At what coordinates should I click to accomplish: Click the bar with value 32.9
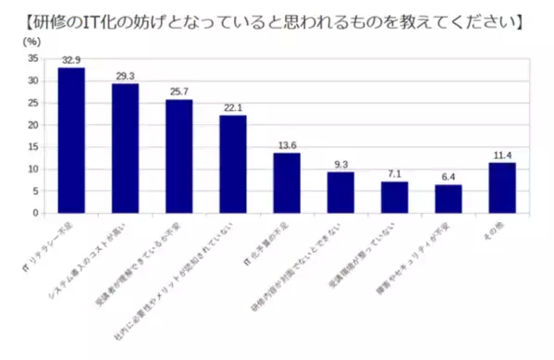pyautogui.click(x=71, y=140)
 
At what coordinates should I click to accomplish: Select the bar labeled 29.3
pyautogui.click(x=125, y=148)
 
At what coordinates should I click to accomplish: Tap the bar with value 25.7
pyautogui.click(x=179, y=155)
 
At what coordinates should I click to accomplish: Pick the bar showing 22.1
pyautogui.click(x=232, y=164)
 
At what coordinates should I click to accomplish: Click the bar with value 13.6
pyautogui.click(x=287, y=182)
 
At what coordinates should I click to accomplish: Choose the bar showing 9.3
pyautogui.click(x=340, y=192)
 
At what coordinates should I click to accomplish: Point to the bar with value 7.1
pyautogui.click(x=394, y=197)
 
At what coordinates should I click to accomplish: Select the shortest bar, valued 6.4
pyautogui.click(x=448, y=198)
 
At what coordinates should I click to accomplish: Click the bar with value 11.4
pyautogui.click(x=502, y=187)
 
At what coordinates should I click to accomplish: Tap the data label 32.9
pyautogui.click(x=71, y=60)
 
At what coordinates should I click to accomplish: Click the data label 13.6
pyautogui.click(x=287, y=145)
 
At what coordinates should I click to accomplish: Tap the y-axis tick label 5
pyautogui.click(x=36, y=191)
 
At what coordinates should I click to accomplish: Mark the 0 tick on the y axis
pyautogui.click(x=36, y=213)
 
